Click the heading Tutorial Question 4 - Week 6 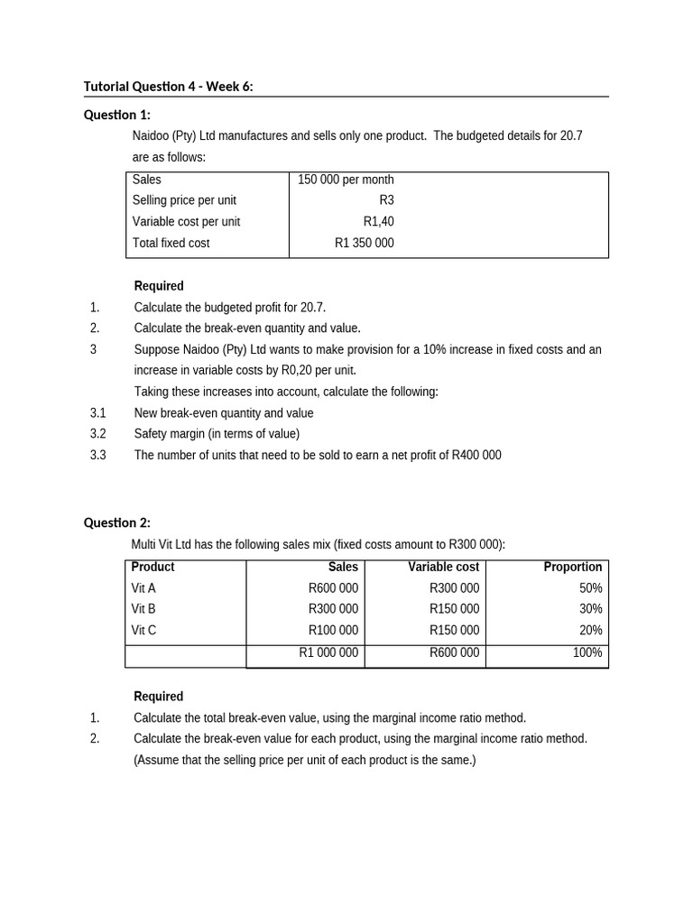click(169, 87)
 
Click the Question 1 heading click(117, 115)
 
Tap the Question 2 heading click(117, 522)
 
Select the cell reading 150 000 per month click(346, 180)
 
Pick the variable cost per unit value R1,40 click(378, 222)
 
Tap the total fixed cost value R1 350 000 click(364, 243)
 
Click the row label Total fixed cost click(171, 243)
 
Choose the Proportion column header click(573, 567)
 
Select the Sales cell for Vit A click(333, 587)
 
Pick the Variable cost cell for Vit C click(454, 630)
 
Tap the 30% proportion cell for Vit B click(591, 609)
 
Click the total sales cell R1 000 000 click(328, 652)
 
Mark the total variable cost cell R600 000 click(454, 652)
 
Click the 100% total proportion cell click(587, 652)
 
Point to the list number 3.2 click(98, 434)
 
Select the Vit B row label click(143, 609)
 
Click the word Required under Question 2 click(158, 697)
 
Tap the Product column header click(152, 567)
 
